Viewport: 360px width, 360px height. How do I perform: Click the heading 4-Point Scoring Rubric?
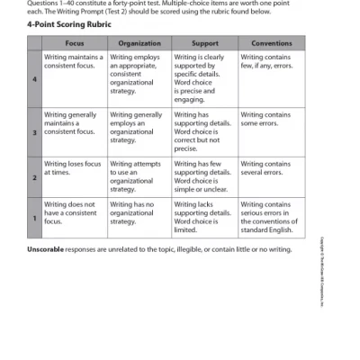(x=71, y=25)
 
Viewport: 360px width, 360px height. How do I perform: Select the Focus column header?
(x=75, y=43)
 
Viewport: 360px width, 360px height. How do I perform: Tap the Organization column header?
(x=139, y=43)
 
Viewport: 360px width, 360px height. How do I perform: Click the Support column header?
(x=204, y=43)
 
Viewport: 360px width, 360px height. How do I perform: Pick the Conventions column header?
(x=271, y=43)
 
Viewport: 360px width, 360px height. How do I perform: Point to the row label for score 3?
(x=35, y=132)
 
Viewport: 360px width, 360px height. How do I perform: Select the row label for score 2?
(x=35, y=177)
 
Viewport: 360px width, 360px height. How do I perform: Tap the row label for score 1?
(x=35, y=219)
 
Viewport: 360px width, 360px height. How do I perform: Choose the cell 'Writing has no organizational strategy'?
(x=138, y=212)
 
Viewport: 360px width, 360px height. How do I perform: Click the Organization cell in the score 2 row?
(x=138, y=176)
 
